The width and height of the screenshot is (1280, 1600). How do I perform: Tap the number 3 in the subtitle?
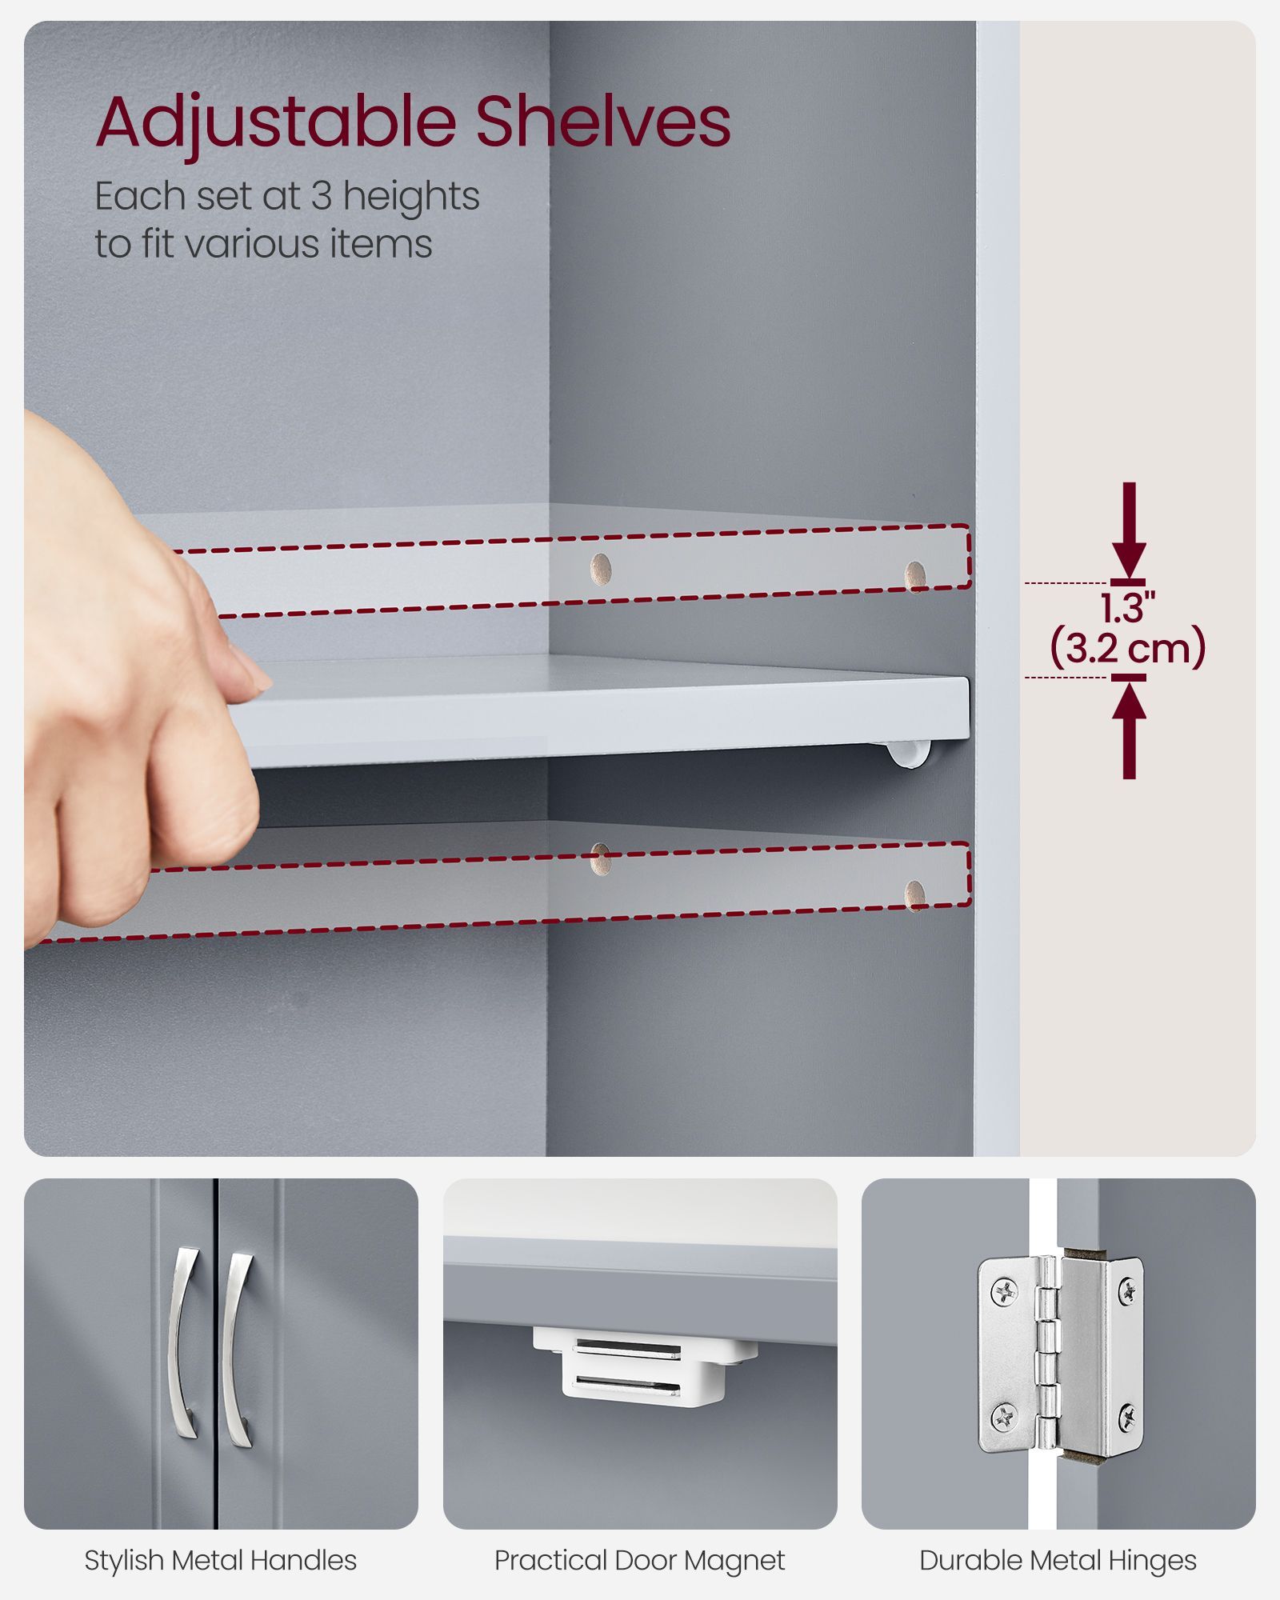pyautogui.click(x=321, y=196)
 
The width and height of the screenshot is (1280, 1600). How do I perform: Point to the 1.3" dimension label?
pyautogui.click(x=1127, y=609)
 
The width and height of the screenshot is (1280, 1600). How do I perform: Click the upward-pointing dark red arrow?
pyautogui.click(x=1129, y=726)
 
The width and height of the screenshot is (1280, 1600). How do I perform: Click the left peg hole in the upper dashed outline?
pyautogui.click(x=601, y=569)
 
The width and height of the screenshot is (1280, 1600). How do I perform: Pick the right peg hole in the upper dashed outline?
pyautogui.click(x=915, y=576)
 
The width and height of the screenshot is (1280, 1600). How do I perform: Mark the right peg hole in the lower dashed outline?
pyautogui.click(x=915, y=895)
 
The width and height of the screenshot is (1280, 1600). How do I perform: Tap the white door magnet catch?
pyautogui.click(x=645, y=1362)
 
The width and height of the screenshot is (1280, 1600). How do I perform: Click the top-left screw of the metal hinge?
pyautogui.click(x=1002, y=1290)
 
